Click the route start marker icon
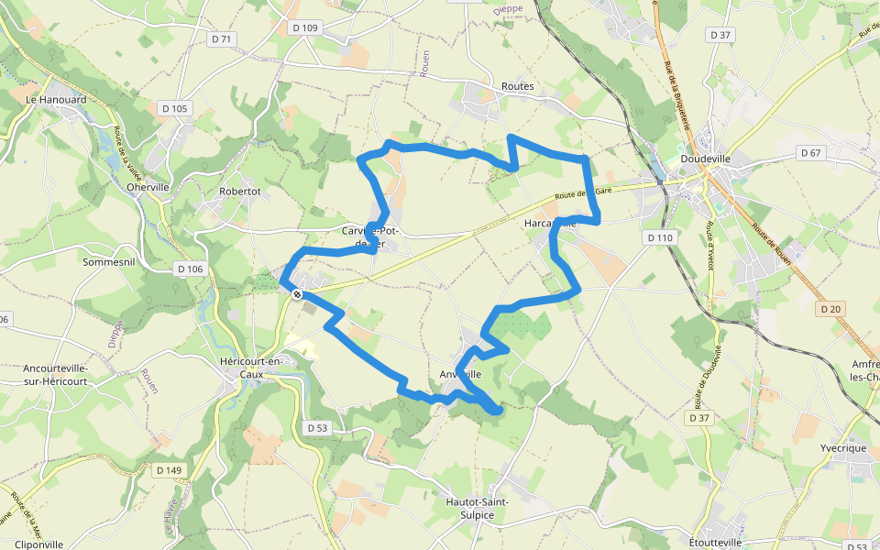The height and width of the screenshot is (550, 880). (x=297, y=294)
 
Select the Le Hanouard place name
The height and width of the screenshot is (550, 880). (x=56, y=99)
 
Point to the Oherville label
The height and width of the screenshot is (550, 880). (x=148, y=187)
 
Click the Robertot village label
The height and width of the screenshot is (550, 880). (x=240, y=192)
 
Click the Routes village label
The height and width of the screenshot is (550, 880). (x=517, y=86)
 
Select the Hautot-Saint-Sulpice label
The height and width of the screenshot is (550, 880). (x=476, y=508)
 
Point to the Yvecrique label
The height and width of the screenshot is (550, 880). (x=843, y=448)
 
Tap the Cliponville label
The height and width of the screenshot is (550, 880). (x=32, y=544)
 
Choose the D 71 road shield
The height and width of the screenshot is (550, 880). (x=221, y=38)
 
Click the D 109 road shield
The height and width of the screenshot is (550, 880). (x=305, y=27)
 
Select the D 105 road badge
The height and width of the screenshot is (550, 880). (x=174, y=108)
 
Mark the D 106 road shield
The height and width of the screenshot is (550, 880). (x=189, y=269)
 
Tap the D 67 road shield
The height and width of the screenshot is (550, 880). (x=809, y=152)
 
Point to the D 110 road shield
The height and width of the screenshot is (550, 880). (x=659, y=237)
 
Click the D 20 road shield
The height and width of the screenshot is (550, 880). (x=831, y=309)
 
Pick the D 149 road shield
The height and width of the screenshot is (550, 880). (x=170, y=470)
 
